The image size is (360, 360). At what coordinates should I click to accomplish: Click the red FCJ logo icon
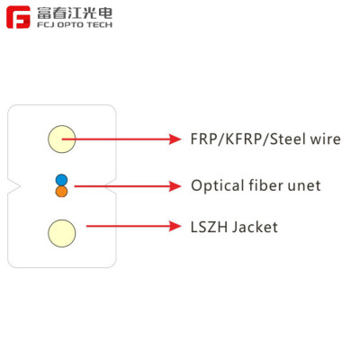pos(19,19)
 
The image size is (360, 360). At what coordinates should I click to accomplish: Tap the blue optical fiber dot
pos(61,179)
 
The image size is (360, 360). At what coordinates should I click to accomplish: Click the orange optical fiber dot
pos(61,192)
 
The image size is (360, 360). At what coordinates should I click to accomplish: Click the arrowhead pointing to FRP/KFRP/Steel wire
pos(176,139)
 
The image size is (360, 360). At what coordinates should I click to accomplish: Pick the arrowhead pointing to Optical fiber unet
pos(176,186)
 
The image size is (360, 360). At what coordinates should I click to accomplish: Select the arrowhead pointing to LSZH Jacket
pos(176,227)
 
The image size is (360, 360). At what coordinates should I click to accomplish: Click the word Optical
pos(216,186)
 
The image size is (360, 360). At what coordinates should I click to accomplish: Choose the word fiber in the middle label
pos(265,185)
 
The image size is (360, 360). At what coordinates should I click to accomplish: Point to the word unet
pos(303,186)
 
